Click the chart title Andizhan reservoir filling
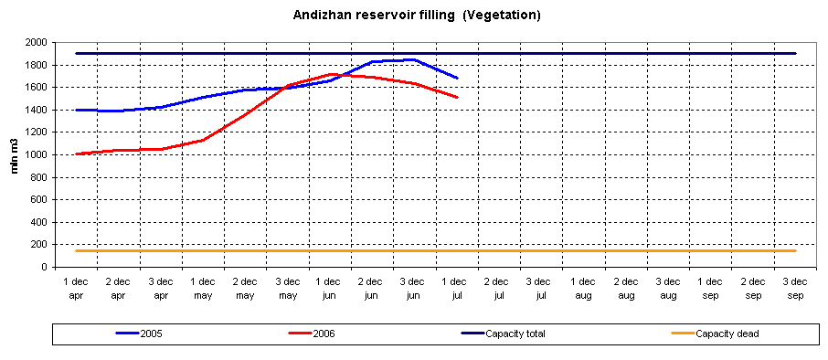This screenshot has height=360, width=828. click(417, 15)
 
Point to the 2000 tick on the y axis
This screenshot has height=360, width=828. click(36, 43)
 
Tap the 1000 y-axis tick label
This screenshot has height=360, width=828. click(36, 155)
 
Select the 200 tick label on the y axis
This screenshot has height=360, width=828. click(38, 245)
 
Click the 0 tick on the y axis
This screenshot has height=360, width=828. click(43, 268)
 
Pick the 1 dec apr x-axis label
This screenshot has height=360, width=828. click(76, 288)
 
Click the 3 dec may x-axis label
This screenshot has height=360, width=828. click(287, 288)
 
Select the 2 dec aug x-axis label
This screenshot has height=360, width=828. click(626, 288)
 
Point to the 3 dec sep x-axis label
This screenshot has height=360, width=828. click(795, 288)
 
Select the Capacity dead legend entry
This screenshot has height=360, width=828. click(727, 334)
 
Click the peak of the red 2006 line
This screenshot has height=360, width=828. click(331, 74)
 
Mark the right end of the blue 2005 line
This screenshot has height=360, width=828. click(457, 78)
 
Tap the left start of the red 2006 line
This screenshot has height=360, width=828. click(76, 154)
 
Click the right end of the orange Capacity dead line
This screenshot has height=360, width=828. click(795, 250)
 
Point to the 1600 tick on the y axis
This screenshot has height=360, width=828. click(36, 88)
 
